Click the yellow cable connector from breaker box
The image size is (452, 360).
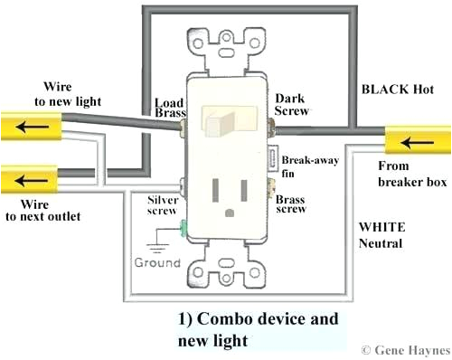tap(411, 142)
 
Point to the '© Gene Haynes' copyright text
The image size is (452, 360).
tap(403, 348)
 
